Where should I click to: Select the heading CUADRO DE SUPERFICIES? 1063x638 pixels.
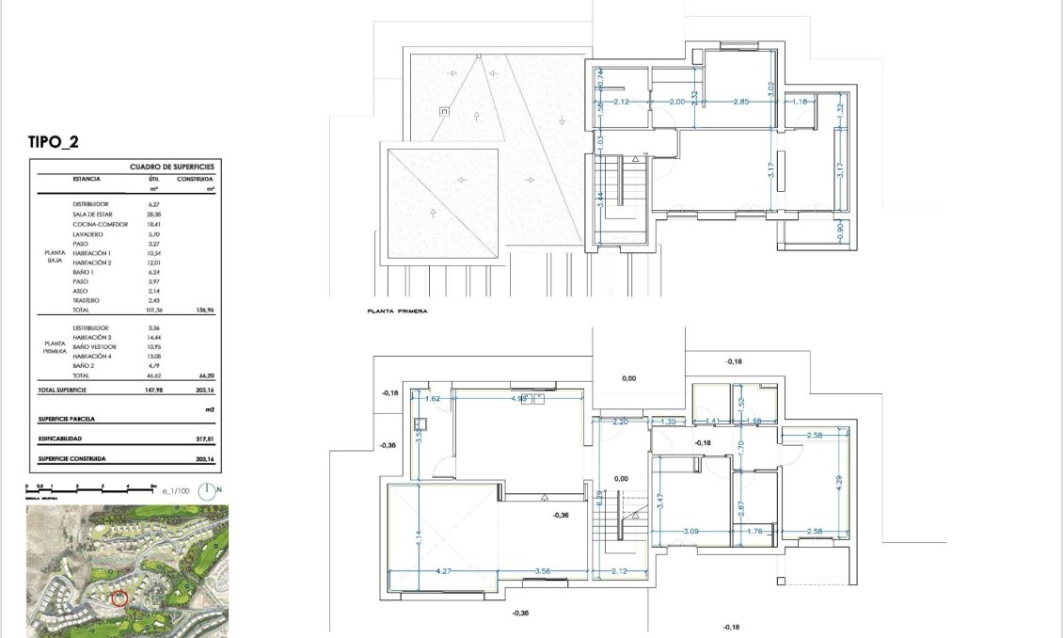pos(171,166)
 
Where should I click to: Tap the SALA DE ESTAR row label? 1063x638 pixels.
pos(94,214)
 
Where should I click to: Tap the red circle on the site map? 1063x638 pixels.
pos(119,598)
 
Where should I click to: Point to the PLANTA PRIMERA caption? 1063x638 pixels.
pos(398,308)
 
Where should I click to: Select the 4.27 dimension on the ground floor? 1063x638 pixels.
pos(445,571)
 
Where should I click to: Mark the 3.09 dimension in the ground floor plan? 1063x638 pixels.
pos(690,532)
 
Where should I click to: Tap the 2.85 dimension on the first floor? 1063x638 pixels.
pos(741,101)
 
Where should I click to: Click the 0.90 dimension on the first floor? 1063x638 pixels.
pos(840,229)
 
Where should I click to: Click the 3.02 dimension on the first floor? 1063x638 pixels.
pos(770,90)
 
